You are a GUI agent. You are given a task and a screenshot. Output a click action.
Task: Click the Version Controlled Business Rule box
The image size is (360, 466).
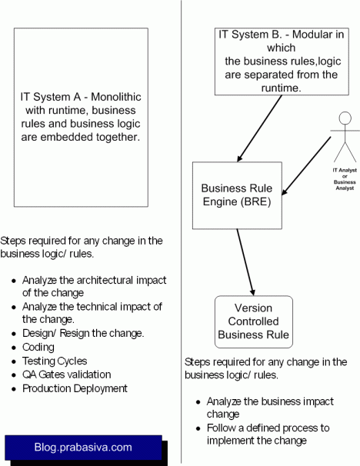(254, 322)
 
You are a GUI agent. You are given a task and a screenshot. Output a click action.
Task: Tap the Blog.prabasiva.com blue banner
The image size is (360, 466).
(83, 447)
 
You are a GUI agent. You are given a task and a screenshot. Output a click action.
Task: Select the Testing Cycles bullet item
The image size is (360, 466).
(55, 361)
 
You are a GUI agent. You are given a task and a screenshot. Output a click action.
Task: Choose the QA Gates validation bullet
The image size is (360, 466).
(67, 374)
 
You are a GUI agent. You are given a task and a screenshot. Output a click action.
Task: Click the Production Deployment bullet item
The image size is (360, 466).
(74, 388)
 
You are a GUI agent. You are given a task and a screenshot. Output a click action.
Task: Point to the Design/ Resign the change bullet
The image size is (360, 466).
(83, 333)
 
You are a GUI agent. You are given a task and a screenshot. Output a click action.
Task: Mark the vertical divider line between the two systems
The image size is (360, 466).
(181, 231)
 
